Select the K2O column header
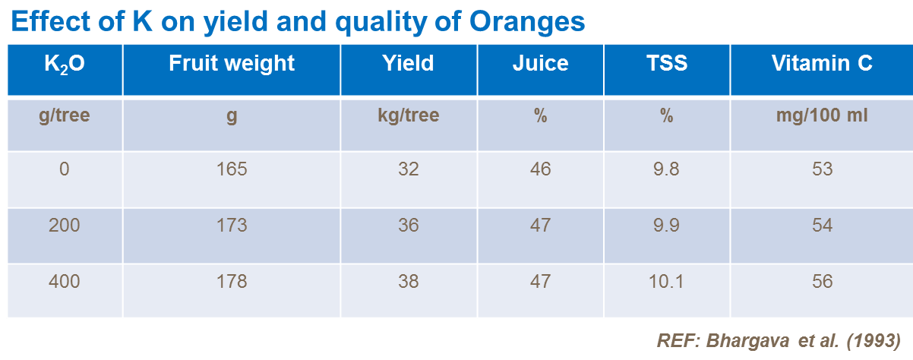tap(65, 63)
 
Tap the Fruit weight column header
tap(232, 63)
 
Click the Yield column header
tap(408, 63)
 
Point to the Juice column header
tap(540, 63)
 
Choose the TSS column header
tap(666, 63)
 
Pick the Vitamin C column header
tap(821, 63)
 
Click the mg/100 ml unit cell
tap(821, 117)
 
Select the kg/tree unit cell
tap(408, 117)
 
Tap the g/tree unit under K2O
tap(65, 117)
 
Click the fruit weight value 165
tap(232, 169)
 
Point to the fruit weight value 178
tap(232, 282)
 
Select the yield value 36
tap(408, 226)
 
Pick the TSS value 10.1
tap(666, 282)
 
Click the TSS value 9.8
tap(666, 169)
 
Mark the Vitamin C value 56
tap(821, 282)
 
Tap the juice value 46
tap(540, 169)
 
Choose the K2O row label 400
tap(65, 282)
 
